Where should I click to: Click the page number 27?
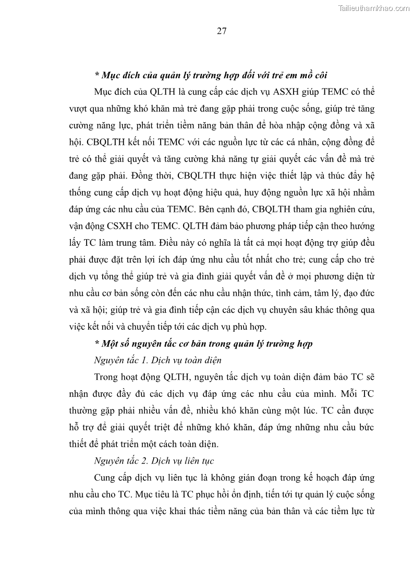[221, 31]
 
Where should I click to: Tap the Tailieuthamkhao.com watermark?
[374, 8]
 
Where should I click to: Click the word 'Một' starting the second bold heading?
[110, 344]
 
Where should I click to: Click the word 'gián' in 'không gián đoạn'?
[240, 477]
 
